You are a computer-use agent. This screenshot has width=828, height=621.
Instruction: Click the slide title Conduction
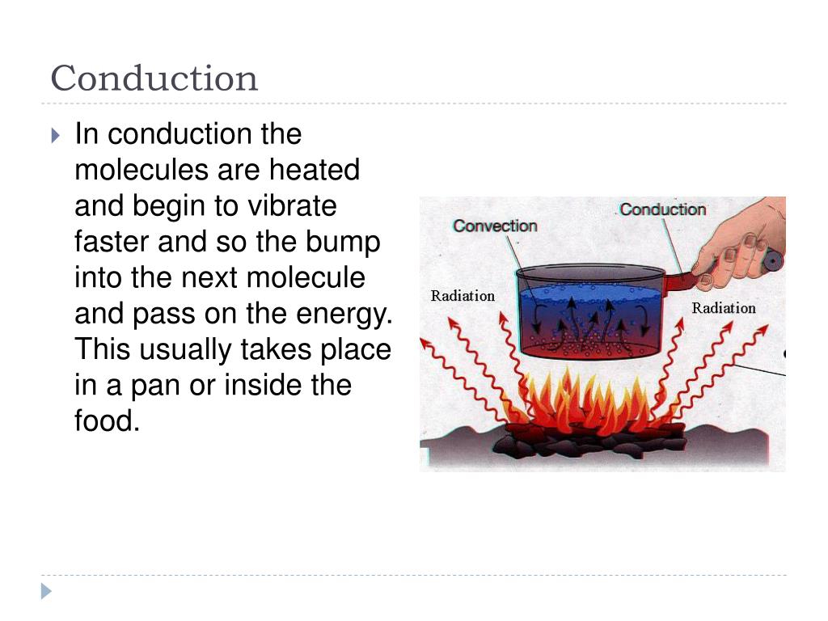[x=154, y=78]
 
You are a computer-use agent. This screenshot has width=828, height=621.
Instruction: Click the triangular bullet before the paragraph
[x=55, y=135]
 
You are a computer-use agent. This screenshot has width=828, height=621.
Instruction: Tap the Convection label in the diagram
[x=495, y=226]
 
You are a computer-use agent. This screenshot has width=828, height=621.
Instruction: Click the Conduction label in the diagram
[x=662, y=209]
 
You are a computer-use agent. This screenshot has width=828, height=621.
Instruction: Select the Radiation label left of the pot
[x=463, y=296]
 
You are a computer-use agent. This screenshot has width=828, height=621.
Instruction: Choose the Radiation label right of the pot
[x=723, y=308]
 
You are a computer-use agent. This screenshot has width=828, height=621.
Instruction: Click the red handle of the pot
[x=681, y=282]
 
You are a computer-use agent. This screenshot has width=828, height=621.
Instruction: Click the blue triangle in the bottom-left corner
[x=47, y=592]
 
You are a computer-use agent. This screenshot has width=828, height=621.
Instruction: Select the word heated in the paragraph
[x=315, y=171]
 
